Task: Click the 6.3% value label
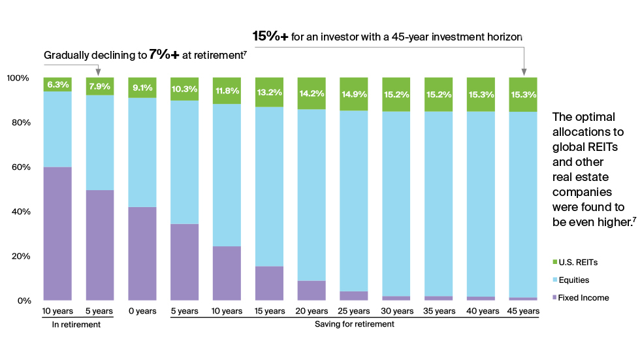(x=57, y=85)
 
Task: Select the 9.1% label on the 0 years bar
(x=142, y=88)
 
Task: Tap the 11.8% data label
(x=227, y=90)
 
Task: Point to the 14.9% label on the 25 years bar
(x=353, y=93)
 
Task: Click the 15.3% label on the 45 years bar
(x=523, y=95)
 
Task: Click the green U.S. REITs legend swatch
(x=556, y=263)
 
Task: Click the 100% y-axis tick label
(x=18, y=78)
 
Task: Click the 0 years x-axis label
(x=142, y=311)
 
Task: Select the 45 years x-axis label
(x=523, y=311)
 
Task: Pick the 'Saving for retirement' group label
(x=354, y=324)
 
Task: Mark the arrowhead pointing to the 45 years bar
(x=524, y=71)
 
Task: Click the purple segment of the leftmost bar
(x=57, y=233)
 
